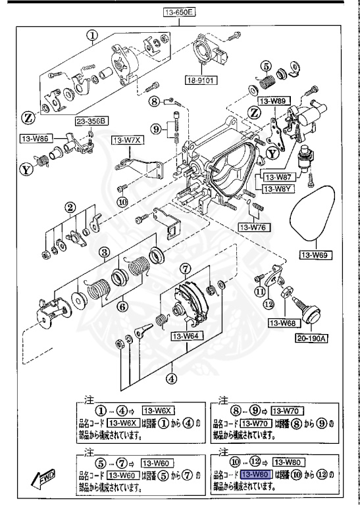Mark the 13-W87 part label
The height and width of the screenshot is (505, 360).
(278, 177)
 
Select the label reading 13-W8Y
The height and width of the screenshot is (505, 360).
(278, 188)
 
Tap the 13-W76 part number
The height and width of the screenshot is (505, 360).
(252, 227)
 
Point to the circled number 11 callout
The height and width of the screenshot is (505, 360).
(261, 290)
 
